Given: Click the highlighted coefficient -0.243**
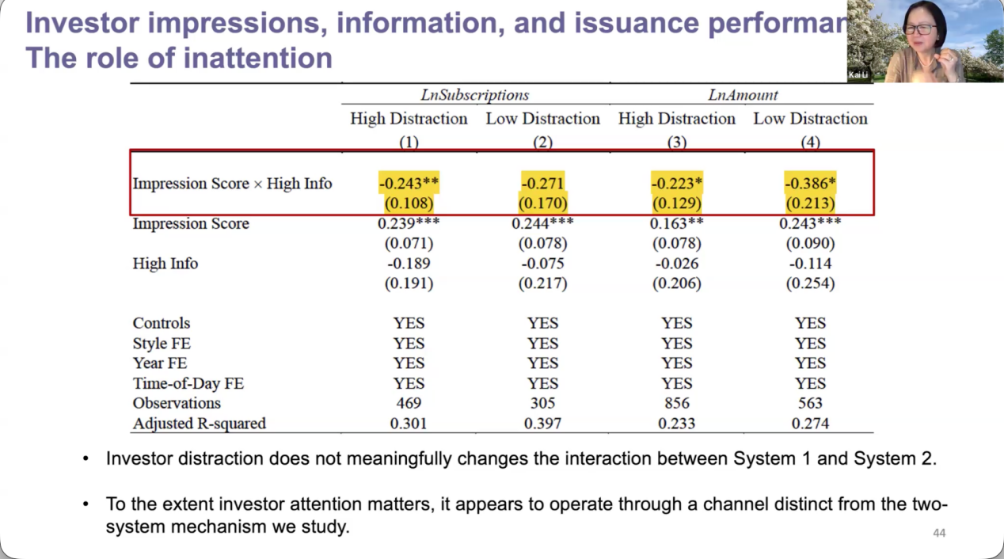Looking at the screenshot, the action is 409,184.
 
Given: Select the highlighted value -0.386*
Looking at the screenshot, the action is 810,184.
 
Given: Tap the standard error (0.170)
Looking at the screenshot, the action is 543,203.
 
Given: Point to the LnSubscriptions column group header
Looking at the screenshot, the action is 474,95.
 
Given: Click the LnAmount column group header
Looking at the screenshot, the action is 743,95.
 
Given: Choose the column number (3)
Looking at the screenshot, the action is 677,143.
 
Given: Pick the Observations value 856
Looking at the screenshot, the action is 677,403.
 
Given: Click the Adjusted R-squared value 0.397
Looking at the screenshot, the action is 543,423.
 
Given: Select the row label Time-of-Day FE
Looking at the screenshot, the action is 188,383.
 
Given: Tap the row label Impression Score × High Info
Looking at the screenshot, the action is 232,184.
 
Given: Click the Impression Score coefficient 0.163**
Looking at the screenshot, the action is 677,223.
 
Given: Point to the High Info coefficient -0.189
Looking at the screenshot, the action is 409,263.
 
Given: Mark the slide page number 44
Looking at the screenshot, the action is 939,533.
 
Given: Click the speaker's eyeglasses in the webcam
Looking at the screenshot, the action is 918,29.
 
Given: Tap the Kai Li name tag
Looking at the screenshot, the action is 858,75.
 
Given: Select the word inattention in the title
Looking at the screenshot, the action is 257,58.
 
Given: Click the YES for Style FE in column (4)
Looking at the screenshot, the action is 810,344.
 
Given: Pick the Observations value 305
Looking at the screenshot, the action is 543,403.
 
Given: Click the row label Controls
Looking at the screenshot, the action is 162,323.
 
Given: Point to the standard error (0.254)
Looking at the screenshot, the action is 810,283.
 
